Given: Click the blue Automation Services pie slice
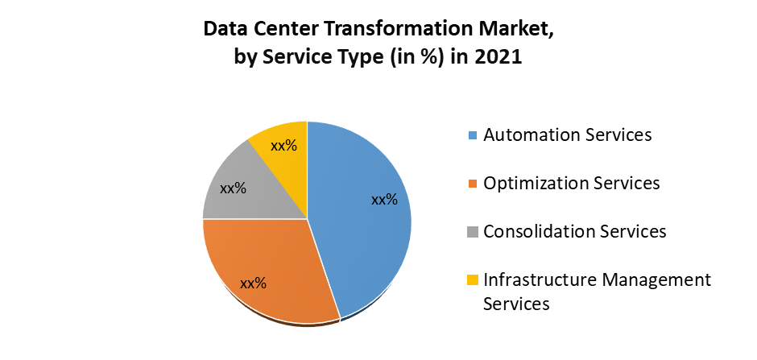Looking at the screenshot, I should tap(362, 234).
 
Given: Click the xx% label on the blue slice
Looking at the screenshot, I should tap(384, 200).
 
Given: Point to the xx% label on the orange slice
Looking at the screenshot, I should tap(253, 283).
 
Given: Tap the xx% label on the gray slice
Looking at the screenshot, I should tap(233, 188).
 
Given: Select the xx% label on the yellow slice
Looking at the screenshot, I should tap(283, 147).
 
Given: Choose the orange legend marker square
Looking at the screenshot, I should tap(473, 184).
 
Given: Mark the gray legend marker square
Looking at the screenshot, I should tap(473, 233).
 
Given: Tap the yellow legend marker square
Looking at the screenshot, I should tap(473, 281).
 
